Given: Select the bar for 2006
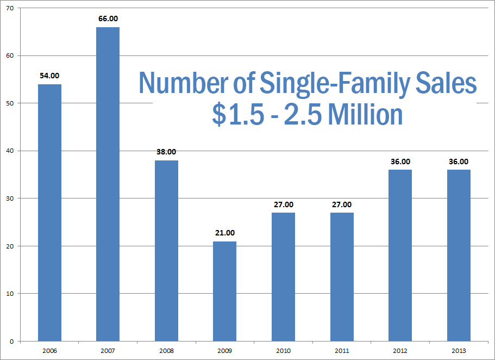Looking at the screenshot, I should (49, 213).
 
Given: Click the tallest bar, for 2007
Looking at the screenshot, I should (108, 184).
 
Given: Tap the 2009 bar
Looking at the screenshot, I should (224, 291).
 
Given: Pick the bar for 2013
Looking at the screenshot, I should (459, 256).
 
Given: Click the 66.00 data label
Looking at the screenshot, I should (108, 18).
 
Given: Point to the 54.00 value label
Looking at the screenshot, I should (49, 76).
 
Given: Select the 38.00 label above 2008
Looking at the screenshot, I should (166, 152).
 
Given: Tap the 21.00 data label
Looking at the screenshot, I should (224, 233).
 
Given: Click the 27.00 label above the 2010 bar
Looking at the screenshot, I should (283, 204).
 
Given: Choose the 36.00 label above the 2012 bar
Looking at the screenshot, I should (400, 162).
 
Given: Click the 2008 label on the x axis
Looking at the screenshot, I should (166, 351).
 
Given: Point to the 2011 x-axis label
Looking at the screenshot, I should (342, 351).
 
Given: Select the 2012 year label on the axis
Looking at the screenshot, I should (400, 351).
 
